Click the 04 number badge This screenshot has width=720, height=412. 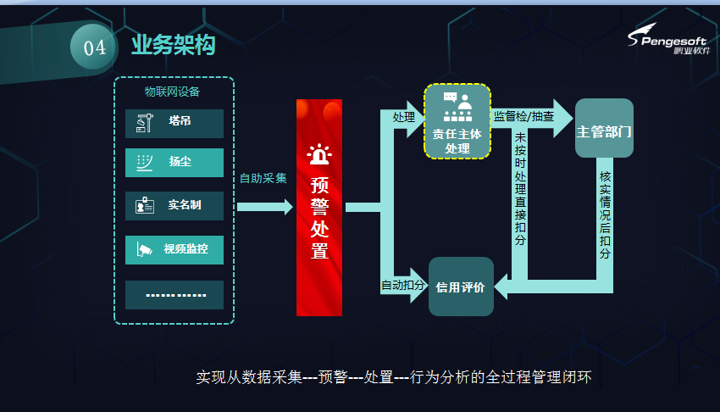tap(94, 48)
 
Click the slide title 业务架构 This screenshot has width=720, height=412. tap(173, 46)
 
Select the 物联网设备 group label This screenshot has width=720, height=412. tap(173, 92)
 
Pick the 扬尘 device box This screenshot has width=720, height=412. tap(174, 162)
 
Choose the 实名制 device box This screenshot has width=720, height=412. tap(174, 205)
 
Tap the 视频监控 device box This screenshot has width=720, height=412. tap(174, 249)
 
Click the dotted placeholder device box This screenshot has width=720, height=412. tap(174, 294)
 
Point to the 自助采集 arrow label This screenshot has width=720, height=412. tap(263, 178)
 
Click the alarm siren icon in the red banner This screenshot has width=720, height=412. tap(319, 156)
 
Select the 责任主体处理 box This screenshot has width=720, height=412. tap(457, 121)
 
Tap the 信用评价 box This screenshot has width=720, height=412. tap(461, 287)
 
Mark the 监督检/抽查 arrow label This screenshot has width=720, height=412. tap(523, 116)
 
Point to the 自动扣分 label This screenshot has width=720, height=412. tap(403, 286)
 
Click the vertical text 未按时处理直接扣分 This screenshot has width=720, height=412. tap(520, 188)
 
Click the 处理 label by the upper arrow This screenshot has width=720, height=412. tap(404, 117)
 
